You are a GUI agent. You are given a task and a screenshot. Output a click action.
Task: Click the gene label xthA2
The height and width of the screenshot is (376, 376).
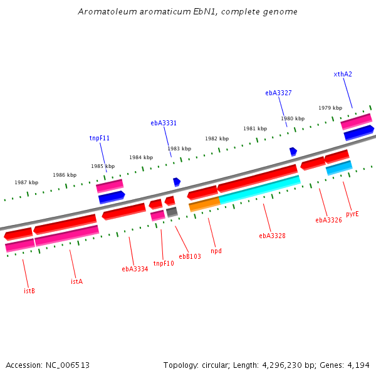click(343, 74)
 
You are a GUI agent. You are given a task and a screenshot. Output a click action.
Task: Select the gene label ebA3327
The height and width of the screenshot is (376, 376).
click(278, 93)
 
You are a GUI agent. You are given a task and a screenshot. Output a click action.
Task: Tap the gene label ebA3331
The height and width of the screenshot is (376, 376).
click(164, 123)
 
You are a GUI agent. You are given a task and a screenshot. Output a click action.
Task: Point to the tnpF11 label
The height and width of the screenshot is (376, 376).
click(100, 138)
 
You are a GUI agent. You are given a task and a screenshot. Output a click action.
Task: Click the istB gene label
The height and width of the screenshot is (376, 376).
click(29, 291)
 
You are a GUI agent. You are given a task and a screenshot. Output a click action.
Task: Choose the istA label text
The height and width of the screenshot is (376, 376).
click(76, 281)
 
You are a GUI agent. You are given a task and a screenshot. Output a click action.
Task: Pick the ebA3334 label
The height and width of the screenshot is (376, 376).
click(135, 269)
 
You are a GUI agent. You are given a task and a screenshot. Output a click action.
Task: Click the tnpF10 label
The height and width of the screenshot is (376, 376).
click(164, 263)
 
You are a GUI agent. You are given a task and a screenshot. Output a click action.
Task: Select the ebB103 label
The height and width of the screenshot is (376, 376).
click(190, 256)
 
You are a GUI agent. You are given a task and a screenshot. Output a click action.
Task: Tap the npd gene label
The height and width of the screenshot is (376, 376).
click(216, 251)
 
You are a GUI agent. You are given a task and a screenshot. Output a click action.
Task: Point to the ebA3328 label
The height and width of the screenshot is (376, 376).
click(272, 236)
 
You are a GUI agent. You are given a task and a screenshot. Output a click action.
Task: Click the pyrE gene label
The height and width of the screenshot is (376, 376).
click(352, 214)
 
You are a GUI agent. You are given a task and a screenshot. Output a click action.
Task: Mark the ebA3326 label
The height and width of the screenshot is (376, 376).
click(328, 220)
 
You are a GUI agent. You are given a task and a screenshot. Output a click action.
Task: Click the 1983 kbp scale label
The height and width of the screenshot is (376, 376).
click(179, 149)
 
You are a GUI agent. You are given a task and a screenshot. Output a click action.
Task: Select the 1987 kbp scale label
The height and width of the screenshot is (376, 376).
click(26, 182)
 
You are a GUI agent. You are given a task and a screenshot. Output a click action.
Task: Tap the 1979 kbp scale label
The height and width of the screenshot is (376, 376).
click(330, 108)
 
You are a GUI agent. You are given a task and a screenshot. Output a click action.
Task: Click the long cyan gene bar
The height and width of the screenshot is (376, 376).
click(260, 189)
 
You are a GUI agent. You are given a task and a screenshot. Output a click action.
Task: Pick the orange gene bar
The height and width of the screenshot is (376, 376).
click(204, 203)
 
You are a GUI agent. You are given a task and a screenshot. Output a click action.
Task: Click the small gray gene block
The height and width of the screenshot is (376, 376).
click(172, 212)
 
